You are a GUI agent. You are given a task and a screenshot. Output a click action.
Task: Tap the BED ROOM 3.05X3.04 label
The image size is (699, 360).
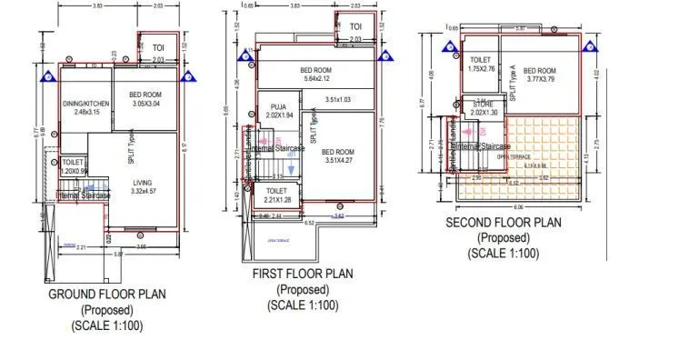tap(145, 99)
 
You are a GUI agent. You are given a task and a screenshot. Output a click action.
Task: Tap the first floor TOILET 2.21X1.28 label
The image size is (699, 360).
tap(277, 195)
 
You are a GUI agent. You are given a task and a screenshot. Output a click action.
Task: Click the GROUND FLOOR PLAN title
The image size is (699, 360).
tap(107, 295)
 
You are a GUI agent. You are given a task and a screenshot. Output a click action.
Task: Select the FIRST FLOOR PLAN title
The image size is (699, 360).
tap(303, 274)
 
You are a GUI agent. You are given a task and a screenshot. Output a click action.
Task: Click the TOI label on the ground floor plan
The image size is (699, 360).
tap(158, 48)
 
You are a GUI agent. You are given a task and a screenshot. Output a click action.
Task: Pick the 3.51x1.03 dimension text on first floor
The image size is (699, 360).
tap(337, 99)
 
